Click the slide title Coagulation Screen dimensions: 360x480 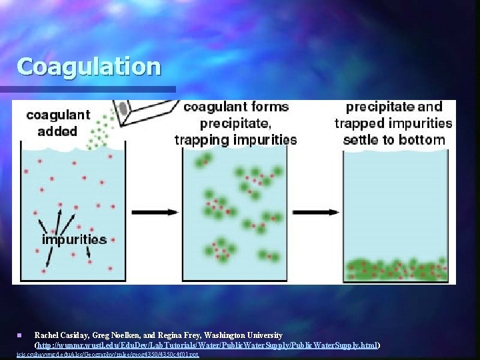point(89,67)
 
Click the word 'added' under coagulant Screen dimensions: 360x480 point(57,131)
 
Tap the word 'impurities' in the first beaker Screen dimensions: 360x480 point(74,239)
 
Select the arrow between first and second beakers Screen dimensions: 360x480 point(154,213)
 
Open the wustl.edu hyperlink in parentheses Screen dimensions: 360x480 point(207,345)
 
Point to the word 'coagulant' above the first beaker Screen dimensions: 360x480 point(58,115)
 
